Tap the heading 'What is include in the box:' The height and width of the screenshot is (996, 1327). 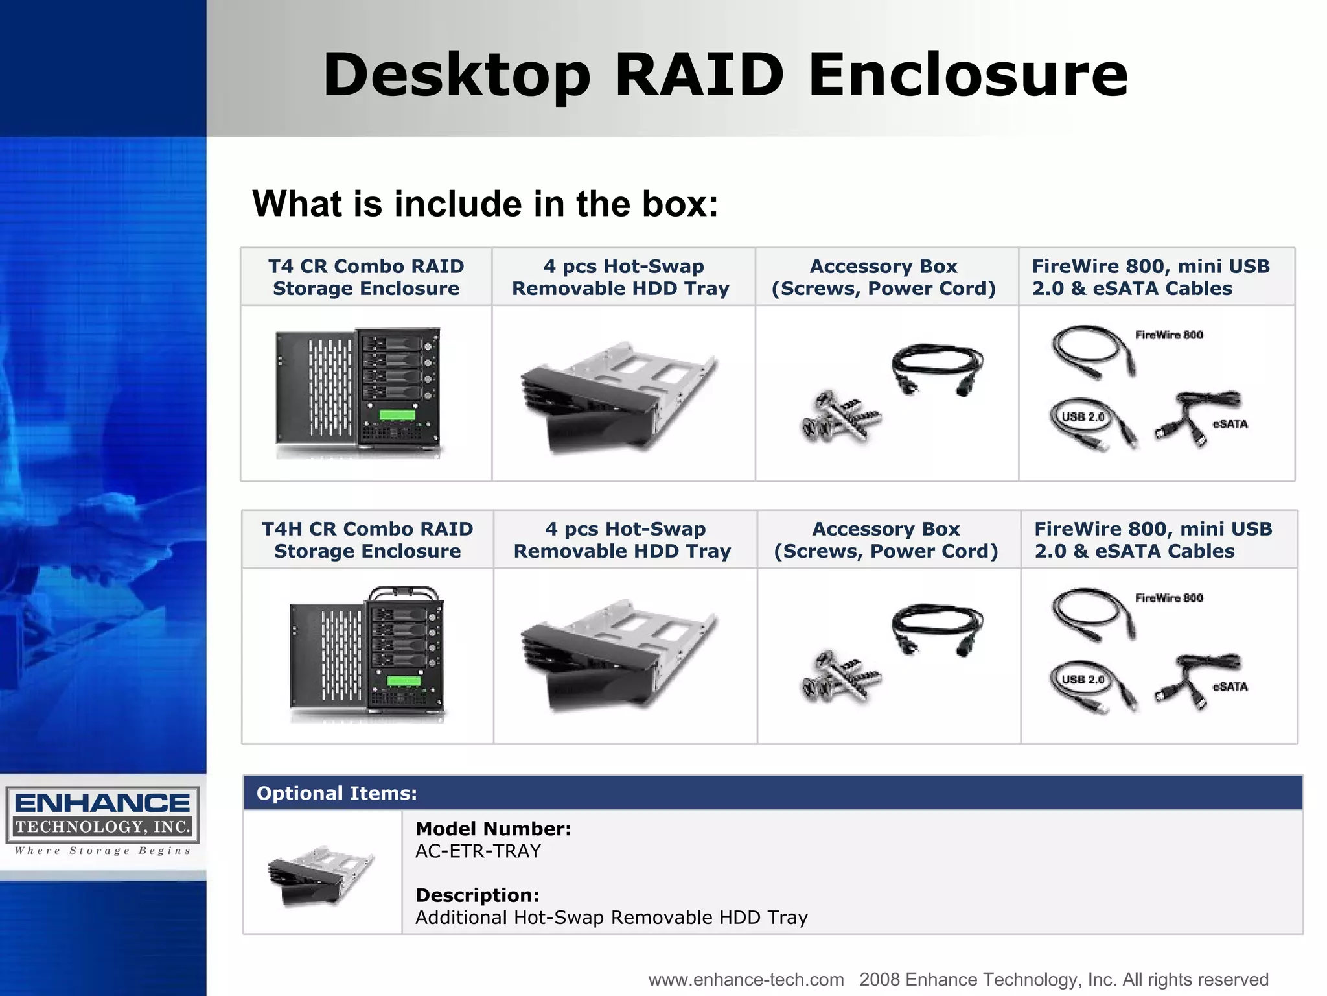coord(485,204)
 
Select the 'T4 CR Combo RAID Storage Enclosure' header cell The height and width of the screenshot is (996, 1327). coord(366,277)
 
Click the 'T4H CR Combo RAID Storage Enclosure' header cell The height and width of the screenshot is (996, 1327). coord(367,539)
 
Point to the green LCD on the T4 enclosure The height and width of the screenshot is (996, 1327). coord(397,415)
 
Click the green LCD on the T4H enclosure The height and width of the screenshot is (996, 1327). coord(403,680)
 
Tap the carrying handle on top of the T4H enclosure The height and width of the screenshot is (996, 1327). coord(404,592)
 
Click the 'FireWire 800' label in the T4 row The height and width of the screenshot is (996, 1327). coord(1168,335)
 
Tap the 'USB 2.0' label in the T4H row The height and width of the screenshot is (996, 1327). coord(1083,680)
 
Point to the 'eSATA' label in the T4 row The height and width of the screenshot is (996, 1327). coord(1229,424)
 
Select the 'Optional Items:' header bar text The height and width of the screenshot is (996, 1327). coord(336,793)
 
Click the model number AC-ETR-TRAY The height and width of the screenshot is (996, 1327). coord(478,851)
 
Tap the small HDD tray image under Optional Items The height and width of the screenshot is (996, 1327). coord(321,874)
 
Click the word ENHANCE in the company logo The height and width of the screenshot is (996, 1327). coord(102,803)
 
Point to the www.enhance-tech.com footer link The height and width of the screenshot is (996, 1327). coord(746,979)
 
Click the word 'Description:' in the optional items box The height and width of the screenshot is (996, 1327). coord(477,895)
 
